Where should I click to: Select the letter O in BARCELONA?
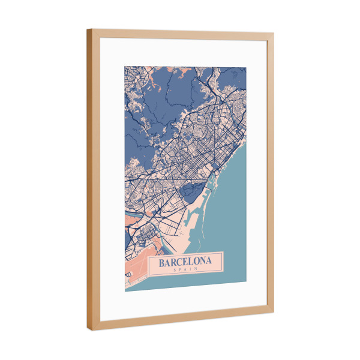[x=197, y=262]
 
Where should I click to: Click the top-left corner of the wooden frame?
[x=88, y=30]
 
